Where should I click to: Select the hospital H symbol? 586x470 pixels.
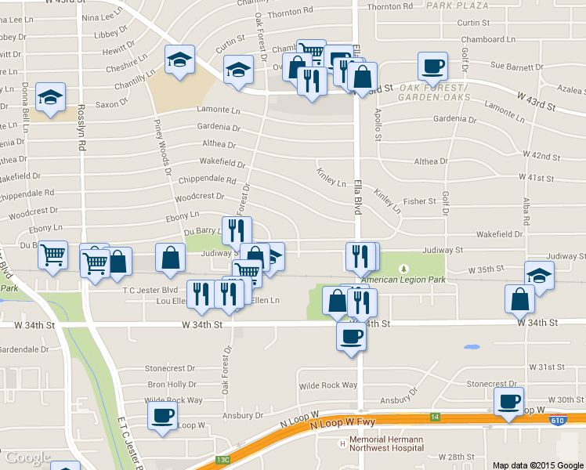tap(342, 444)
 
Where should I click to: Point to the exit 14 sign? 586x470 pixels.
tap(436, 417)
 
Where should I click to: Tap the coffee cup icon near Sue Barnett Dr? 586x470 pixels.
tap(432, 67)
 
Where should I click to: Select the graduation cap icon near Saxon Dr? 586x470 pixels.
tap(51, 97)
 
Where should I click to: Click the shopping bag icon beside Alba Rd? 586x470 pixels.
tap(520, 298)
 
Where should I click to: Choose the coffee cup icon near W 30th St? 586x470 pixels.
tap(508, 402)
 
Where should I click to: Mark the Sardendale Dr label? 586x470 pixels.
tap(24, 350)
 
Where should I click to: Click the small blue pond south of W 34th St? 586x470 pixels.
tap(472, 346)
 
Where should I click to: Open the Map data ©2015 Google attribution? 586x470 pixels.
tap(538, 465)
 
